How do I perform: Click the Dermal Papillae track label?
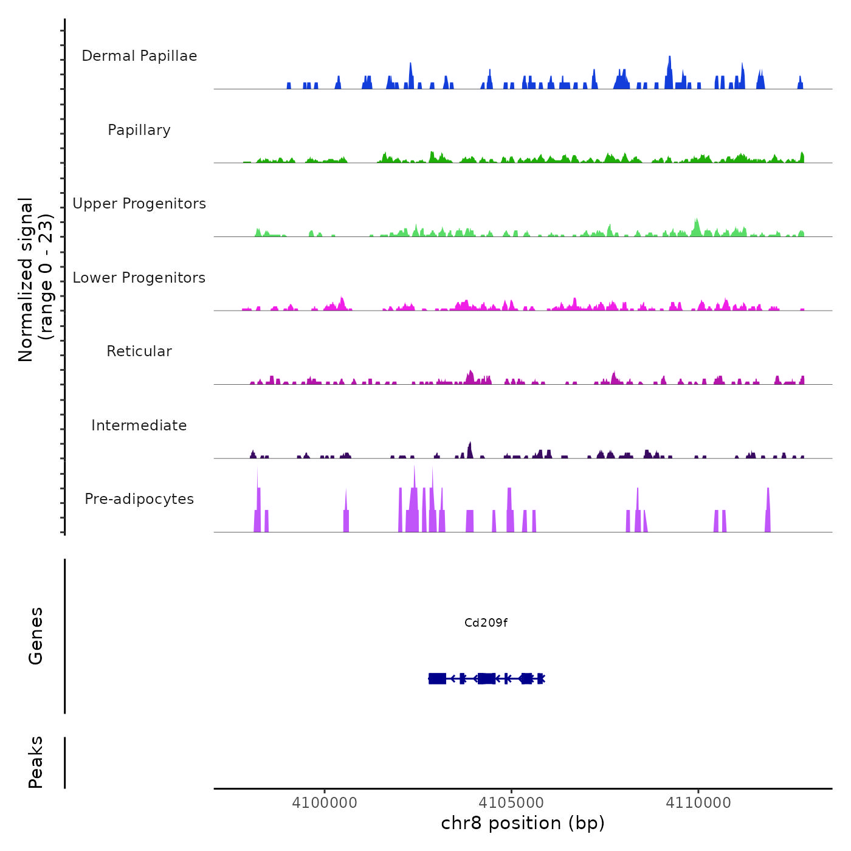click(x=139, y=56)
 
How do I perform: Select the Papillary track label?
click(x=139, y=130)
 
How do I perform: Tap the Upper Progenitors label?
click(x=139, y=204)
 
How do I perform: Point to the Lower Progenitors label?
click(x=139, y=278)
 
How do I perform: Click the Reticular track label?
click(x=139, y=351)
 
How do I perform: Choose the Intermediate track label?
click(x=139, y=425)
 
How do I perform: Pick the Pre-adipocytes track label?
click(x=139, y=499)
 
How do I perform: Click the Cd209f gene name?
click(x=486, y=622)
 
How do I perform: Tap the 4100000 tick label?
click(x=325, y=802)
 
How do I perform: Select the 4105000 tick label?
click(x=511, y=802)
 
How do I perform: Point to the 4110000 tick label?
click(x=698, y=802)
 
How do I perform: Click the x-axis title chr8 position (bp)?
click(x=523, y=823)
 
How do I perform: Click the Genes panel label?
click(x=36, y=636)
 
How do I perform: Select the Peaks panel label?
click(x=36, y=762)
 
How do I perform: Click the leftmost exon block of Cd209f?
click(x=437, y=678)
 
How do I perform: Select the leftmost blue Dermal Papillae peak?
click(x=289, y=86)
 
